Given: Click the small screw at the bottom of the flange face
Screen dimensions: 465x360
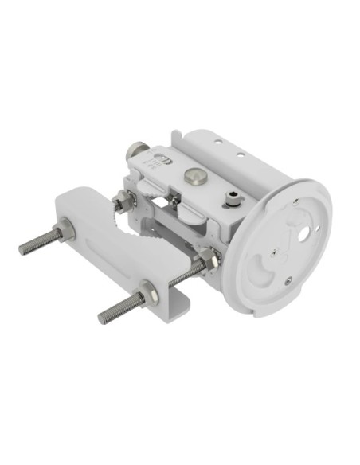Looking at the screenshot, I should (288, 279).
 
